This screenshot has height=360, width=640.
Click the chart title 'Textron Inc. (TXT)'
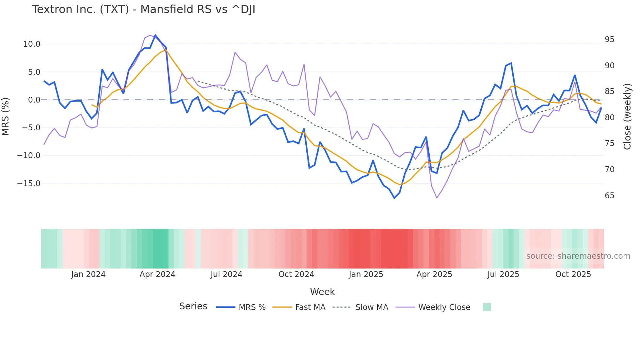pos(143,9)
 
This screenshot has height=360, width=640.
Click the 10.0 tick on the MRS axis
pos(32,44)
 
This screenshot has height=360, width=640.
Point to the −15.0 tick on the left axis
pos(29,184)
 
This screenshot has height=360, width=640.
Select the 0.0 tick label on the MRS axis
pos(34,100)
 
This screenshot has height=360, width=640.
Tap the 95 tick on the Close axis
pos(609,40)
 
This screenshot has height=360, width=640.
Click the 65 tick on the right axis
pos(609,196)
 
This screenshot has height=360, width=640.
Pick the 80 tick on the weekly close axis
pos(609,118)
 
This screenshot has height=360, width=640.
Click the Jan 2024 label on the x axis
pos(88,274)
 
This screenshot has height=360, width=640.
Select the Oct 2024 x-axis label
pos(296,274)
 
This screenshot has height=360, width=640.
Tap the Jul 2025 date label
pos(503,274)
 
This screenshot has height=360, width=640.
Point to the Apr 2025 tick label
pos(434,274)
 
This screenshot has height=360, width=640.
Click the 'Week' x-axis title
pos(322,292)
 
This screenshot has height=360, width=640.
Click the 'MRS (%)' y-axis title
pos(6,116)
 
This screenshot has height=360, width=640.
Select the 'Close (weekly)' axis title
pos(627,116)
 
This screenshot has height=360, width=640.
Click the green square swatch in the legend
pos(487,307)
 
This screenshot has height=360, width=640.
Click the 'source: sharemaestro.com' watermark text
pos(578,256)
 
